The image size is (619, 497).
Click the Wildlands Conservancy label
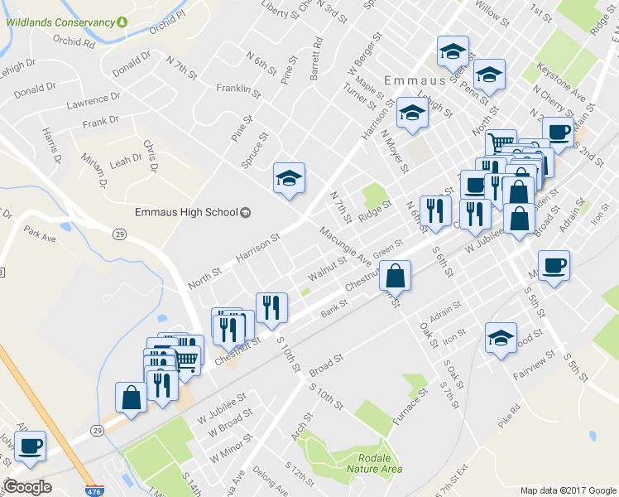tap(60, 22)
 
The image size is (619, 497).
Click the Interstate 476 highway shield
tap(94, 490)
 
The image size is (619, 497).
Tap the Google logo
tap(28, 486)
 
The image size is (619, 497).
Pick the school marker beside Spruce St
tap(289, 178)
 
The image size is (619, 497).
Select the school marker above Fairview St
tap(501, 338)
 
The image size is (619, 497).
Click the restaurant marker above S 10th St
tap(271, 308)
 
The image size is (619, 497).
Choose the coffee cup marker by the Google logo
tap(31, 446)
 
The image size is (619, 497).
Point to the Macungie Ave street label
tap(346, 246)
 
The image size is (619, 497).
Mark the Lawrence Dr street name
tap(88, 104)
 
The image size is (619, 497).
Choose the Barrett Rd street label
tap(314, 58)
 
